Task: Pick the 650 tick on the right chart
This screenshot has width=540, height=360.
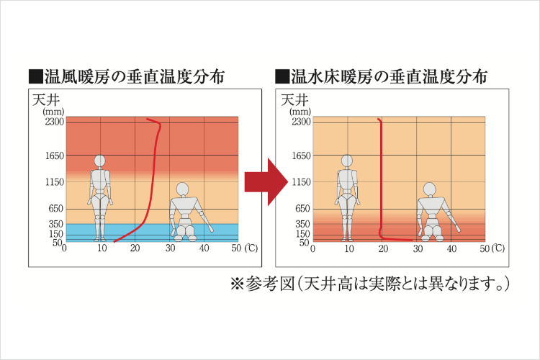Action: pyautogui.click(x=303, y=209)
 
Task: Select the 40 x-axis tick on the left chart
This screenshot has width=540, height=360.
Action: pyautogui.click(x=204, y=249)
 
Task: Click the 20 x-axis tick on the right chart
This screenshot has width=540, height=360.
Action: pyautogui.click(x=382, y=249)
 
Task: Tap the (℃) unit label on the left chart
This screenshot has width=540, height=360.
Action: pyautogui.click(x=251, y=248)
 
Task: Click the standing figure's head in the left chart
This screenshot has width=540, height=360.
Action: pyautogui.click(x=100, y=161)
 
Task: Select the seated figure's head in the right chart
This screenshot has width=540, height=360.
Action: pyautogui.click(x=430, y=189)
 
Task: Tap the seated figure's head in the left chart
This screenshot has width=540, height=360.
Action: pyautogui.click(x=182, y=189)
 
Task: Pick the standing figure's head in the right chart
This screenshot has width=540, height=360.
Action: pyautogui.click(x=348, y=161)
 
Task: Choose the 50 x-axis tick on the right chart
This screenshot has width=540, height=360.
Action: pyautogui.click(x=485, y=249)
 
